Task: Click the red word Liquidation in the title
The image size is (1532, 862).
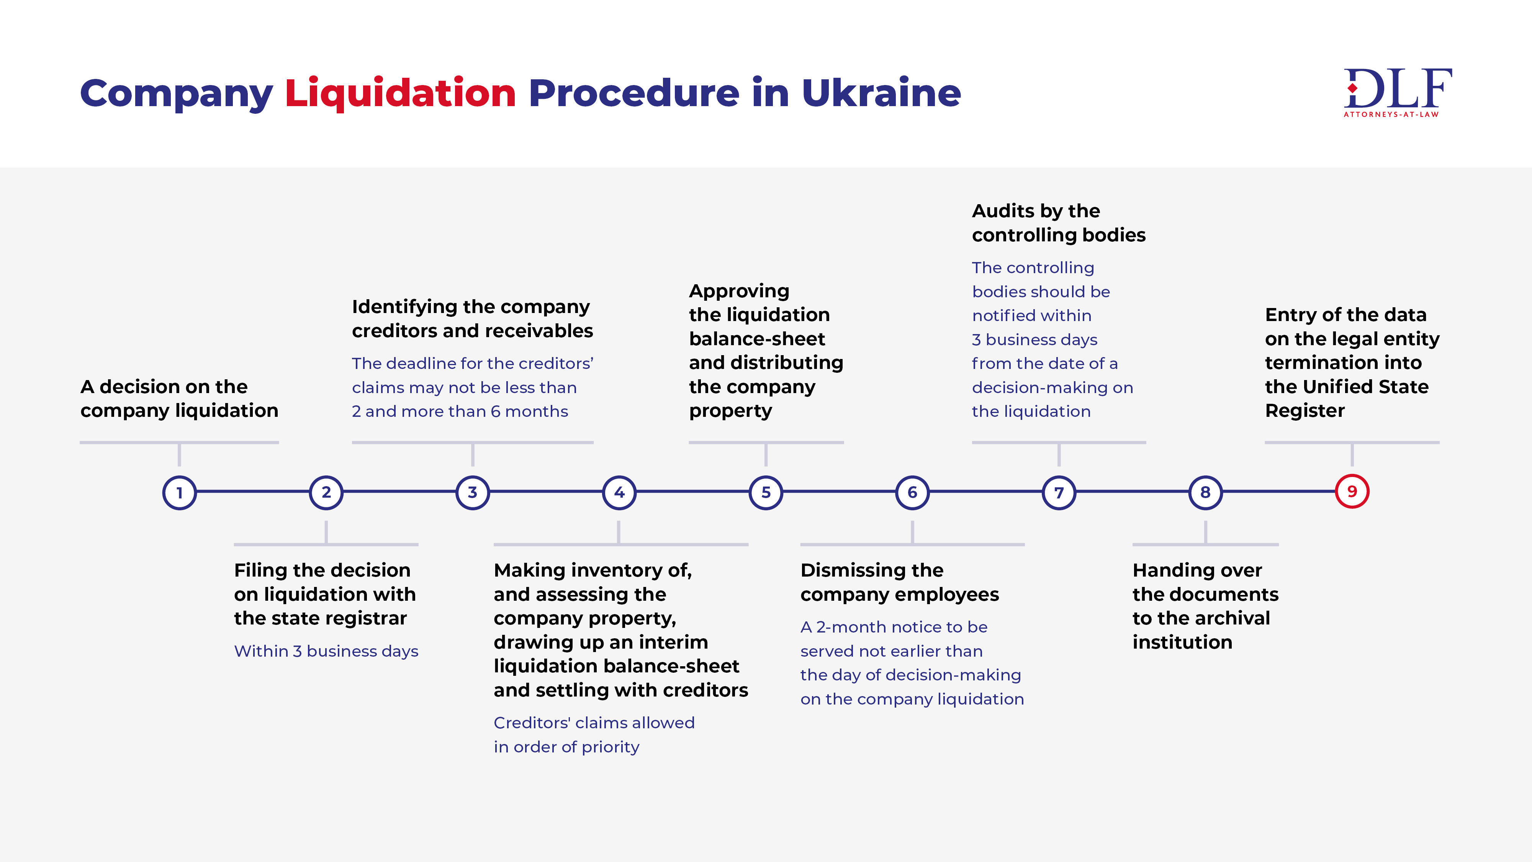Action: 400,93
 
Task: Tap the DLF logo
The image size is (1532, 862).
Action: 1398,93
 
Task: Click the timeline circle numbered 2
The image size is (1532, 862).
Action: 326,493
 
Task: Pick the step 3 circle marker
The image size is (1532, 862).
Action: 473,493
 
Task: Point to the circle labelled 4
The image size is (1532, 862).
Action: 619,493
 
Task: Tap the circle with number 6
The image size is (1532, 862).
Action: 912,493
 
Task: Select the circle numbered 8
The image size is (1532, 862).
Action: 1206,493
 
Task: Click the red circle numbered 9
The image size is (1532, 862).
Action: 1352,492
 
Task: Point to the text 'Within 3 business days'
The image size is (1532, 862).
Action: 326,651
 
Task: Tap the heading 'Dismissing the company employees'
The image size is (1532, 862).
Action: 899,582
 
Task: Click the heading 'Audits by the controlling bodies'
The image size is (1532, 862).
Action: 1059,223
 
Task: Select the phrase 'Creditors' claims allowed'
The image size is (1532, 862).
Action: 594,723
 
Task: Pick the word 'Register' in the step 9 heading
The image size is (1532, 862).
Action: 1305,411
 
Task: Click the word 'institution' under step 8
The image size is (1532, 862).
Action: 1182,642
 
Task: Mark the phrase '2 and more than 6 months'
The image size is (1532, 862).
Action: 460,412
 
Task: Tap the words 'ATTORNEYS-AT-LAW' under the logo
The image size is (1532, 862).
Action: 1391,114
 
